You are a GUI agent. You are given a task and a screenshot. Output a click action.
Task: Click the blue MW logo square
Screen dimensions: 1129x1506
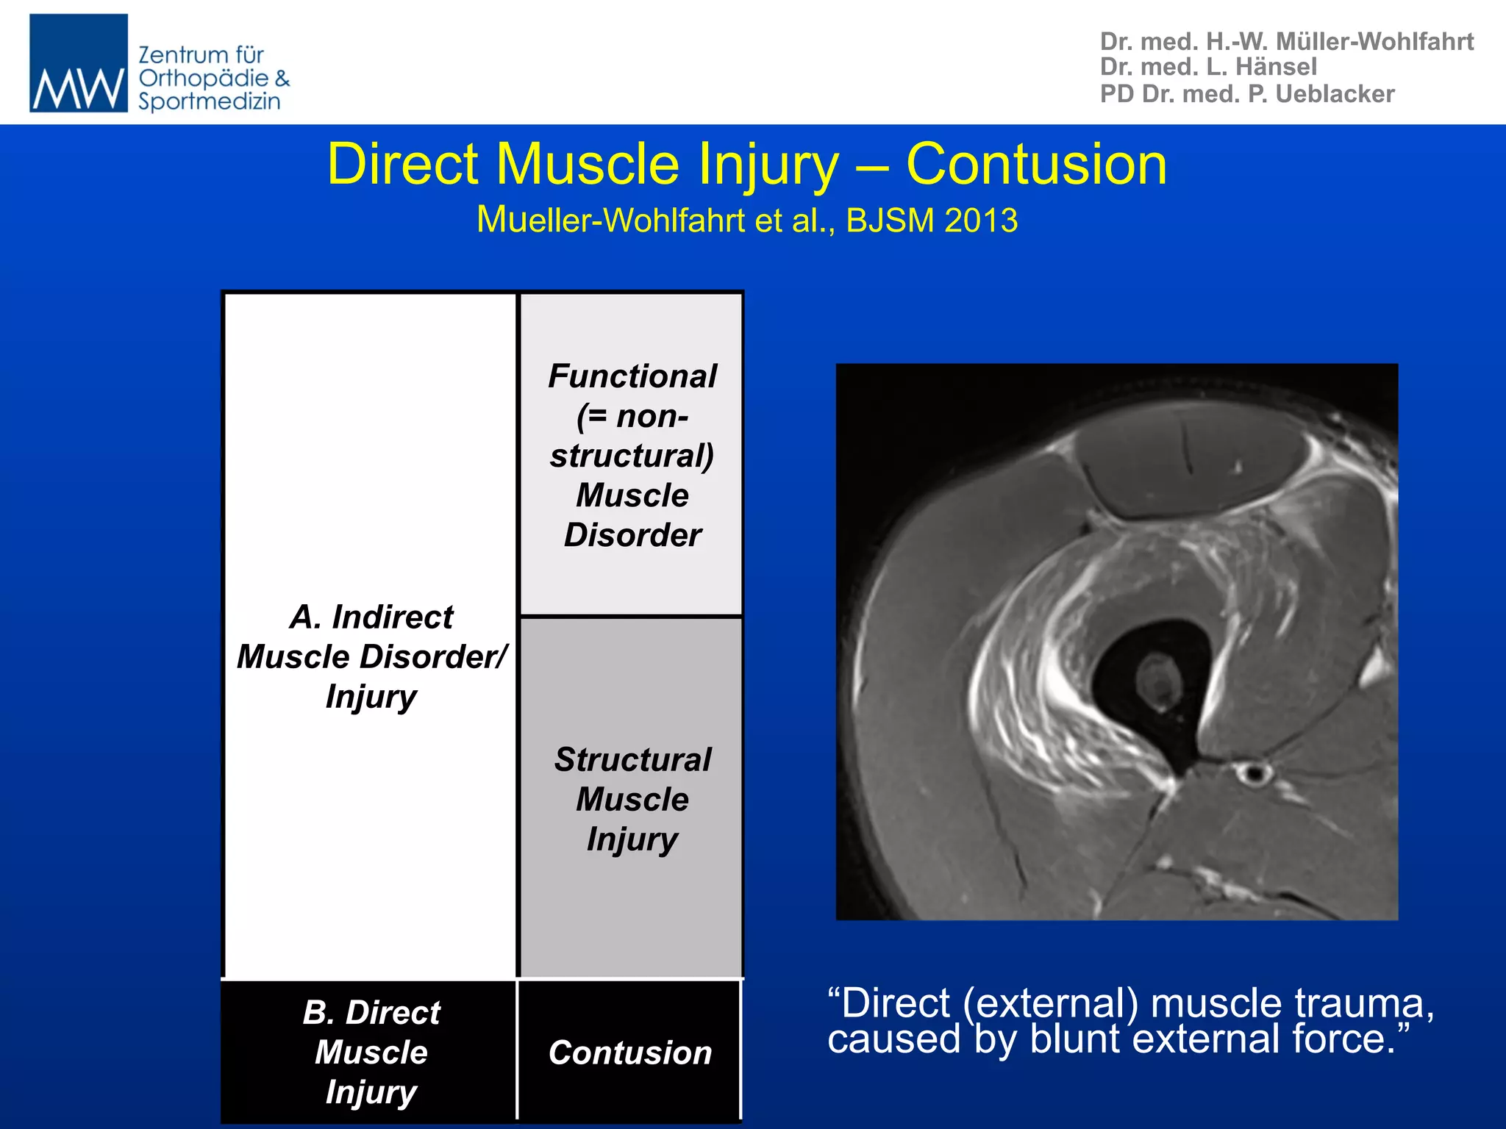79,63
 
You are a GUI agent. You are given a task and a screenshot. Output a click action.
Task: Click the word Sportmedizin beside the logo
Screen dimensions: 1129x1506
210,101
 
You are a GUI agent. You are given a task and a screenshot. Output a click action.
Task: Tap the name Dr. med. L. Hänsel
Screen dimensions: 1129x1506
1208,67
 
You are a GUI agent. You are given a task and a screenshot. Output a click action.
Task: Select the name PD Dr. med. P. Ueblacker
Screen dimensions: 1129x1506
1247,94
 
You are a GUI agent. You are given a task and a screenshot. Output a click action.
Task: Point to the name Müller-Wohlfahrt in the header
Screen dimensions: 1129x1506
1374,41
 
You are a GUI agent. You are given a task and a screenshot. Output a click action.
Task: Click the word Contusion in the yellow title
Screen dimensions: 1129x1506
1036,164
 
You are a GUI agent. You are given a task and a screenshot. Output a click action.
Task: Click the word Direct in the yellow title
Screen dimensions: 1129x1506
403,164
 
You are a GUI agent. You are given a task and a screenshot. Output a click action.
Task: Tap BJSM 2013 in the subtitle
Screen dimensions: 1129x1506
932,221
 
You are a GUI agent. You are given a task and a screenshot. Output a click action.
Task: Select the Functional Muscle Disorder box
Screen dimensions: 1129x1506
632,454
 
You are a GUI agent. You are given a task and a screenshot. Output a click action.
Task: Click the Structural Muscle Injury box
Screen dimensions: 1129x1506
632,798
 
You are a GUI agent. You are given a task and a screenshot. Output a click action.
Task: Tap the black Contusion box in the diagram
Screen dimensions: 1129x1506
629,1053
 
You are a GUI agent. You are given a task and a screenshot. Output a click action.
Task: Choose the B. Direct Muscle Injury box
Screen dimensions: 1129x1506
371,1052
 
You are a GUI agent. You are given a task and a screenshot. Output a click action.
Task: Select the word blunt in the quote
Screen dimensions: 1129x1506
1074,1039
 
